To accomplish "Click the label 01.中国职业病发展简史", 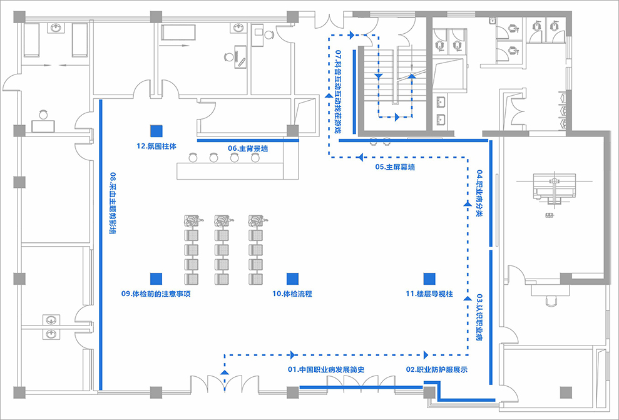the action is pyautogui.click(x=325, y=370).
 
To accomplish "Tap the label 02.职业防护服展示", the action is pyautogui.click(x=437, y=370).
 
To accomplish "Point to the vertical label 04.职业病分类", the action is pyautogui.click(x=479, y=194).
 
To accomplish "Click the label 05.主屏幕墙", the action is pyautogui.click(x=395, y=167).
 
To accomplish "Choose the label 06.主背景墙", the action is pyautogui.click(x=248, y=148).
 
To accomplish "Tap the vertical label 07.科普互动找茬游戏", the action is pyautogui.click(x=338, y=91).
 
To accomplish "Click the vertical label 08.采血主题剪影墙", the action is pyautogui.click(x=113, y=203).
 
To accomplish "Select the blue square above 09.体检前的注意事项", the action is pyautogui.click(x=156, y=279).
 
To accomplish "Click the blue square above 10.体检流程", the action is pyautogui.click(x=292, y=279).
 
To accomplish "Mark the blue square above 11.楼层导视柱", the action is pyautogui.click(x=429, y=279).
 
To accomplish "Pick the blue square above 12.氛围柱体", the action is pyautogui.click(x=156, y=131).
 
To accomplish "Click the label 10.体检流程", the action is pyautogui.click(x=292, y=294).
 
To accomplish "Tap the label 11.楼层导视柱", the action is pyautogui.click(x=429, y=294).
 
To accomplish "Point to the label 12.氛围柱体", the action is pyautogui.click(x=156, y=146).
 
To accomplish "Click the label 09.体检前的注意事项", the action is pyautogui.click(x=156, y=294).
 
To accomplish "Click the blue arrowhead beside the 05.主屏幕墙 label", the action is pyautogui.click(x=360, y=158).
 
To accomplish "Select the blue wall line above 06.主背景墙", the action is pyautogui.click(x=248, y=140).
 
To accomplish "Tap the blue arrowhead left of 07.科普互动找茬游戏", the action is pyautogui.click(x=329, y=95).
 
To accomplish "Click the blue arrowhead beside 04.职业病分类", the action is pyautogui.click(x=468, y=203).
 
